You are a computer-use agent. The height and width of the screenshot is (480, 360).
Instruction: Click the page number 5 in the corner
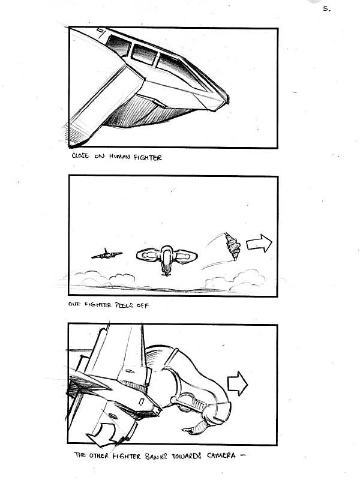(326, 9)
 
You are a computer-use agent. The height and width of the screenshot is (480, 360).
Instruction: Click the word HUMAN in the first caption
(119, 157)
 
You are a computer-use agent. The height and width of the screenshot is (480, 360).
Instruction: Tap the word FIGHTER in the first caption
(148, 158)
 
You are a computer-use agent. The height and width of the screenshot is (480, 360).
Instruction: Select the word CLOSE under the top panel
(80, 155)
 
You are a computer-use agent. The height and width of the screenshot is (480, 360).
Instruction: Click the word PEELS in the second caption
(124, 305)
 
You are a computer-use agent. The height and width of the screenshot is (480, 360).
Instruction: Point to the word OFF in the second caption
(143, 305)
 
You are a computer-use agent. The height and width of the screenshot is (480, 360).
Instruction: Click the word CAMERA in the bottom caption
(221, 455)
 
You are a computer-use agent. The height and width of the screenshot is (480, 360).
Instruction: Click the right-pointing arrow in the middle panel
(259, 244)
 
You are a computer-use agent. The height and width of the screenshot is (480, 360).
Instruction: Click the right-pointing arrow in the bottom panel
(238, 383)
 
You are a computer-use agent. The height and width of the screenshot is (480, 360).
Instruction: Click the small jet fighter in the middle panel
(107, 254)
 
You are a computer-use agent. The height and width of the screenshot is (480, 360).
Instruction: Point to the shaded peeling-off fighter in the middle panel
(233, 247)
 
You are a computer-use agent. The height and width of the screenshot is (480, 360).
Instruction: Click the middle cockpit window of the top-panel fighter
(144, 55)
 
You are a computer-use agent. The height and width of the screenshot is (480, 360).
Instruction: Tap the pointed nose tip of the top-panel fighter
(227, 98)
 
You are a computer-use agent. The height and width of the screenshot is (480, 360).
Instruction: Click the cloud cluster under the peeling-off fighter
(235, 281)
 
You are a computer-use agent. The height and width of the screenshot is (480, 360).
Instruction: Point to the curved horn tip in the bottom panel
(184, 430)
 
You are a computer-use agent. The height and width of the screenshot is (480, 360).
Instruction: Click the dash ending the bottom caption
(244, 455)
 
